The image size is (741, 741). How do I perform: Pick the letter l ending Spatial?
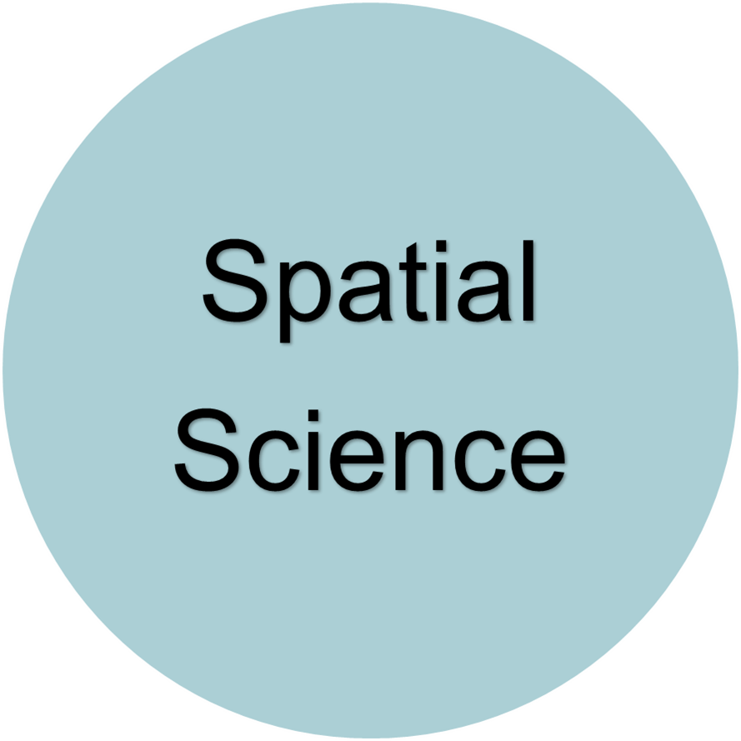(x=524, y=281)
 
